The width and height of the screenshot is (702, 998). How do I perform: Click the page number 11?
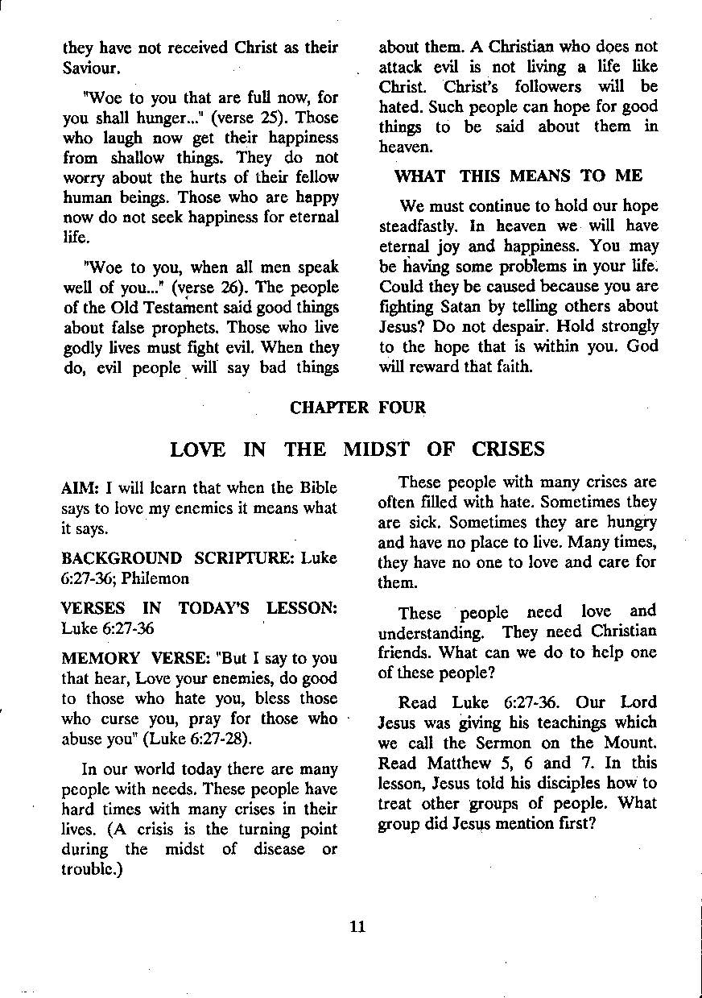358,926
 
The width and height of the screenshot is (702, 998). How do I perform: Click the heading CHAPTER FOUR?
357,408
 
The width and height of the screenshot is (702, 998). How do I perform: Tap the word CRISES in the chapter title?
509,449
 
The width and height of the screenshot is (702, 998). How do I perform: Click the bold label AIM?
81,488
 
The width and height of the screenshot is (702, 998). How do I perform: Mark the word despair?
513,327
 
